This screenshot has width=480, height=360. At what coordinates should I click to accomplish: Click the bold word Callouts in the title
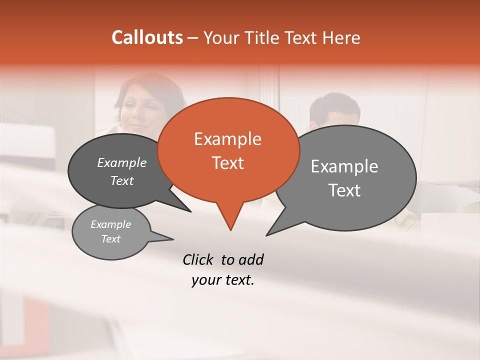pyautogui.click(x=147, y=37)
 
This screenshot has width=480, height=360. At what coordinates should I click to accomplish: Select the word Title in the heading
pyautogui.click(x=264, y=37)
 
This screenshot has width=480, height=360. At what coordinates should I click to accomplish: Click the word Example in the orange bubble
pyautogui.click(x=227, y=139)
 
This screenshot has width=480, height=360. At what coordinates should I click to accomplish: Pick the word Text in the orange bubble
pyautogui.click(x=227, y=163)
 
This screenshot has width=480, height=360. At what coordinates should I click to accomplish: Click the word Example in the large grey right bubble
pyautogui.click(x=344, y=166)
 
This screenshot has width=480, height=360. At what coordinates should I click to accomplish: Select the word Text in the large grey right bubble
pyautogui.click(x=344, y=190)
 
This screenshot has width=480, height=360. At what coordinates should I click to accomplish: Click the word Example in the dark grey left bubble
pyautogui.click(x=122, y=163)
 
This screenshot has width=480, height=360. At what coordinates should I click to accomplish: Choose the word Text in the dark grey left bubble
pyautogui.click(x=122, y=181)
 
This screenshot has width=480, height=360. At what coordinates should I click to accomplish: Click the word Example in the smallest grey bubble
pyautogui.click(x=111, y=224)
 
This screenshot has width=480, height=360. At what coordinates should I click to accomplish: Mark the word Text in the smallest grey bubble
pyautogui.click(x=111, y=239)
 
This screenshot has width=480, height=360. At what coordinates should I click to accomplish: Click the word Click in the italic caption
pyautogui.click(x=198, y=259)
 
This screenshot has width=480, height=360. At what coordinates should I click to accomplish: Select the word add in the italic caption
pyautogui.click(x=251, y=259)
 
